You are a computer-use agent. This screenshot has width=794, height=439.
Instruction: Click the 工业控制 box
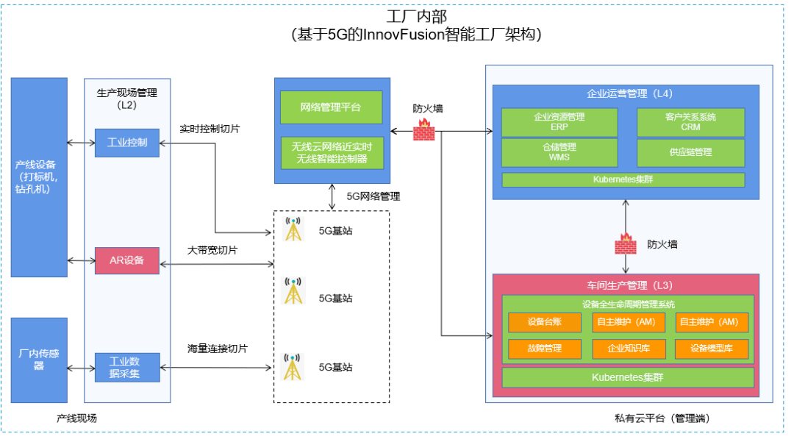127,143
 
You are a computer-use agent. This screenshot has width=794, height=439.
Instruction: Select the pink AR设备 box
127,261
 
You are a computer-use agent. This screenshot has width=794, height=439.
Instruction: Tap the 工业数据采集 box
127,367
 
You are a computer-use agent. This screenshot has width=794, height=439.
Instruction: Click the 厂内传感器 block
39,360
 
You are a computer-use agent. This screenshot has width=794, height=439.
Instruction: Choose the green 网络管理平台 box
331,107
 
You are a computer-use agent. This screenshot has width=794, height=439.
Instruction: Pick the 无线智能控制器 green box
332,153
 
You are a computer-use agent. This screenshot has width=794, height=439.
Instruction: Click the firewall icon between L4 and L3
626,243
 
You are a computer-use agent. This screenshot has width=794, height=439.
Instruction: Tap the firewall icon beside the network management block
423,130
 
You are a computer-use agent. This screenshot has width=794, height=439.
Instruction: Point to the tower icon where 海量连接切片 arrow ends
293,367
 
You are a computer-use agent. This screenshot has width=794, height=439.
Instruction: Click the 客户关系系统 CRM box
690,122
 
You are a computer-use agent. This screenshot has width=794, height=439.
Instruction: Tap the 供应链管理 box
690,152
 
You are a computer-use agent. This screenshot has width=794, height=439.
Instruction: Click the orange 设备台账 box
544,322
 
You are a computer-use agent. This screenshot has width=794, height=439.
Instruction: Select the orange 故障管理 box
544,349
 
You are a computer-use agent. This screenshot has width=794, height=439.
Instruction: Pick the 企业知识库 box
628,349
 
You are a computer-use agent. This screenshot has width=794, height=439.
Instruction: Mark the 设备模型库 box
712,349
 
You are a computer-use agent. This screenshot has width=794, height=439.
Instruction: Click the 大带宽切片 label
212,250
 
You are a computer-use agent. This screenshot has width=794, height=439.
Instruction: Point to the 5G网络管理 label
373,196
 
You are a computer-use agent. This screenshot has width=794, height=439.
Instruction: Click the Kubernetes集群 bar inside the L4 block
623,179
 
